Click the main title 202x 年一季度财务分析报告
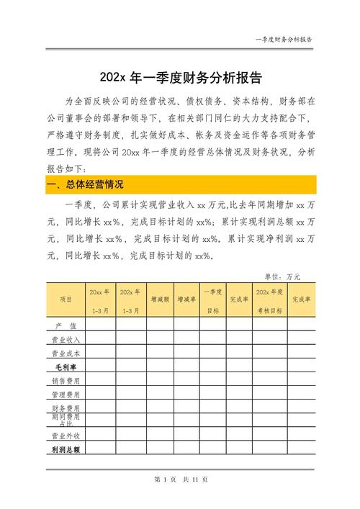(180, 76)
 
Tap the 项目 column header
(66, 299)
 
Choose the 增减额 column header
(160, 299)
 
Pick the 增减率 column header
(186, 299)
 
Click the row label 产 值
(66, 326)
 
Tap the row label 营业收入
(66, 340)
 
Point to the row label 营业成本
(66, 353)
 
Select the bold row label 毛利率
(66, 367)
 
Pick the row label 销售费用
(66, 381)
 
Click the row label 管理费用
(66, 395)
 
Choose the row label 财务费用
(66, 408)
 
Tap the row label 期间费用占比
(66, 421)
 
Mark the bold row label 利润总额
(66, 449)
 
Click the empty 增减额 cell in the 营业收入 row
(160, 340)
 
